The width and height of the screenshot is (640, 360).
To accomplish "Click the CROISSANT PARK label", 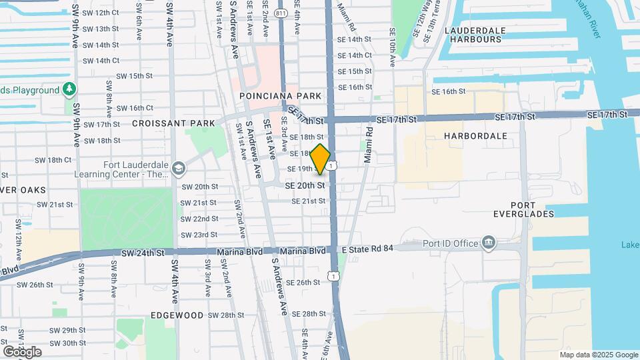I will click(x=173, y=123).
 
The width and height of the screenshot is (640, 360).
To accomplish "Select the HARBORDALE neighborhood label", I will click(x=475, y=135).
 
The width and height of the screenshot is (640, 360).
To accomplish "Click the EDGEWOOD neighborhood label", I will click(x=177, y=315).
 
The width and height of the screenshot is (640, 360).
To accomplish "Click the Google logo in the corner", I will click(x=22, y=351).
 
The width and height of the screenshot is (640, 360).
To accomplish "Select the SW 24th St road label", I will click(x=143, y=253).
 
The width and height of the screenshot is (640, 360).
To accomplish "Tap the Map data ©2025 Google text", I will click(x=599, y=355).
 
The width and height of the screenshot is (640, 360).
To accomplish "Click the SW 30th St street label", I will click(x=69, y=343).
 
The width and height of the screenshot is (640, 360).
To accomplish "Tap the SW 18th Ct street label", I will click(x=55, y=159).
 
